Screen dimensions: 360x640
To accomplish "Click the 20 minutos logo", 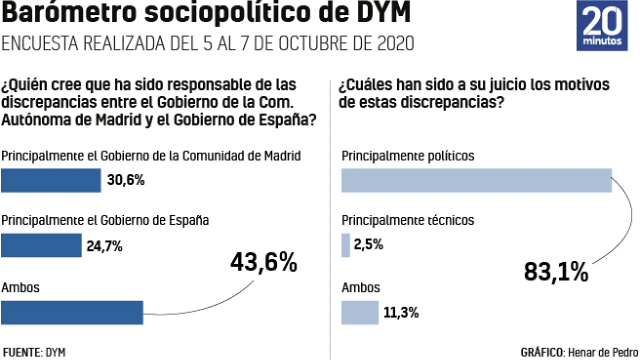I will coord(602,25).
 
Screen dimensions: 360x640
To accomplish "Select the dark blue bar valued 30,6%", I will coord(50,180).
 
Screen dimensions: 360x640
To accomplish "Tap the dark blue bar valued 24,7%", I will coord(41,245).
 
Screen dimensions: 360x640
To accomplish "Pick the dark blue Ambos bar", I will coord(72,312).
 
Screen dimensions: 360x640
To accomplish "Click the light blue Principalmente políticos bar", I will coord(476,180).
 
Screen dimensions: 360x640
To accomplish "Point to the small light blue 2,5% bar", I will coord(345,245).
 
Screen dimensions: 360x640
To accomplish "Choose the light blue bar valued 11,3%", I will coord(360,312).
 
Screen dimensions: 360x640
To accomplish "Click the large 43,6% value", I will coord(263,262).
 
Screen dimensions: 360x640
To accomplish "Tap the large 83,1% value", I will coord(556,272).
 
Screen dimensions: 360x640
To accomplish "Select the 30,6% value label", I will coord(126,180).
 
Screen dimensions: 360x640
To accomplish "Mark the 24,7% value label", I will coord(105,246).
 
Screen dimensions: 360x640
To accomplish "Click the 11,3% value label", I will coord(401,313).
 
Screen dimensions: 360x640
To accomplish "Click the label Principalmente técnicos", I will coord(408,220).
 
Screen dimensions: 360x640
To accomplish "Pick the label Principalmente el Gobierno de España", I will coord(105,220).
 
